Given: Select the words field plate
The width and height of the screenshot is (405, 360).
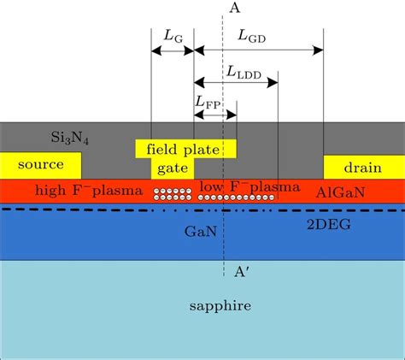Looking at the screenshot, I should click(x=185, y=149).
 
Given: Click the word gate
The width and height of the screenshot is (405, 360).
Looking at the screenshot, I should click(x=173, y=168).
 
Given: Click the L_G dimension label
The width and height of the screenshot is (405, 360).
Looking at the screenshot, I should click(x=172, y=37).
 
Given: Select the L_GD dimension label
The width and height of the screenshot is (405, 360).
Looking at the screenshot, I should click(x=256, y=37).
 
